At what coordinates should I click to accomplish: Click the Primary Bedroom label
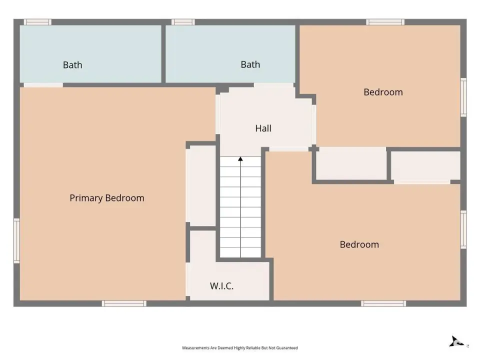(107, 198)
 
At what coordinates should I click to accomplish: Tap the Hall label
(263, 128)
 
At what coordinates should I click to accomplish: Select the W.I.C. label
(221, 286)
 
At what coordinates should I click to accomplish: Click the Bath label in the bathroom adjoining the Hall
(250, 64)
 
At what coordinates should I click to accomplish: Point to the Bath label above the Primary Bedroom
(72, 65)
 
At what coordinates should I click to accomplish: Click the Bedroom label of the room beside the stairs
(359, 244)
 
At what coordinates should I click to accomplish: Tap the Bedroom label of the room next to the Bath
(383, 92)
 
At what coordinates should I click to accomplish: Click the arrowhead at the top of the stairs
(240, 159)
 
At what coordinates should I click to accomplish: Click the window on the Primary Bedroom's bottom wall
(124, 303)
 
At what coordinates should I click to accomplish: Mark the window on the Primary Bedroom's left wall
(16, 240)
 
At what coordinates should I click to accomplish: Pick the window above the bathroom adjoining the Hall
(183, 22)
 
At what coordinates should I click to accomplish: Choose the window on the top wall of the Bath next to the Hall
(183, 22)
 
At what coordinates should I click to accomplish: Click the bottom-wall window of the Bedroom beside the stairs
(383, 303)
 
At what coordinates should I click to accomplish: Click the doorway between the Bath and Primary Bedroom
(43, 85)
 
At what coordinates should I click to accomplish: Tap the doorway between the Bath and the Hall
(274, 85)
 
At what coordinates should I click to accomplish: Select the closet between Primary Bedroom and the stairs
(202, 186)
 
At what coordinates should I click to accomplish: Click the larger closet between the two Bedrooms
(351, 163)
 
